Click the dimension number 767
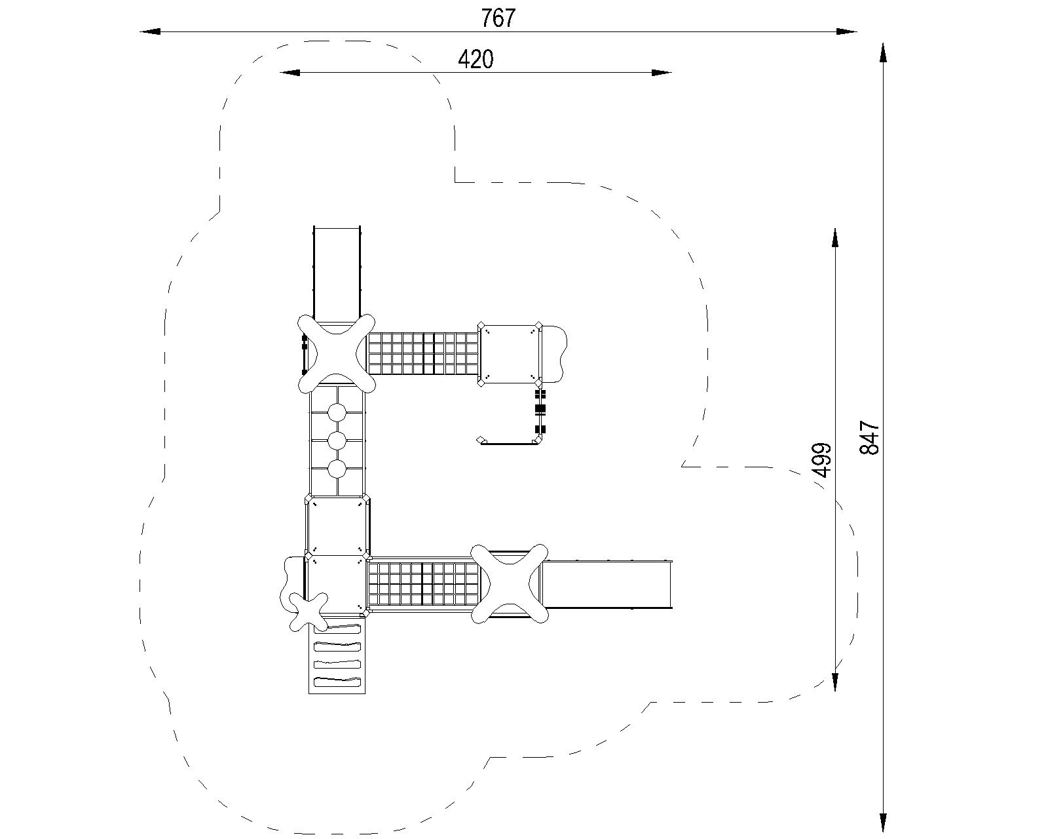[x=498, y=18]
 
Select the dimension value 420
[x=476, y=60]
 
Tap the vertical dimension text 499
[x=821, y=459]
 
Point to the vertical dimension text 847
[x=870, y=437]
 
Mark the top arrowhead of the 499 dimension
[x=835, y=238]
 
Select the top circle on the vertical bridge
[x=337, y=412]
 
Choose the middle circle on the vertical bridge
[x=337, y=440]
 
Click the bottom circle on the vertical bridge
[x=337, y=469]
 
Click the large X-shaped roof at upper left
[x=337, y=353]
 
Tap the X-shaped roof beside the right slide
[x=510, y=583]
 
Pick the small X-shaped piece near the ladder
[x=308, y=612]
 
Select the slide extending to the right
[x=607, y=583]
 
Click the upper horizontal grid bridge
[x=423, y=354]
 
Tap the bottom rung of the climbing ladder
[x=337, y=682]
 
